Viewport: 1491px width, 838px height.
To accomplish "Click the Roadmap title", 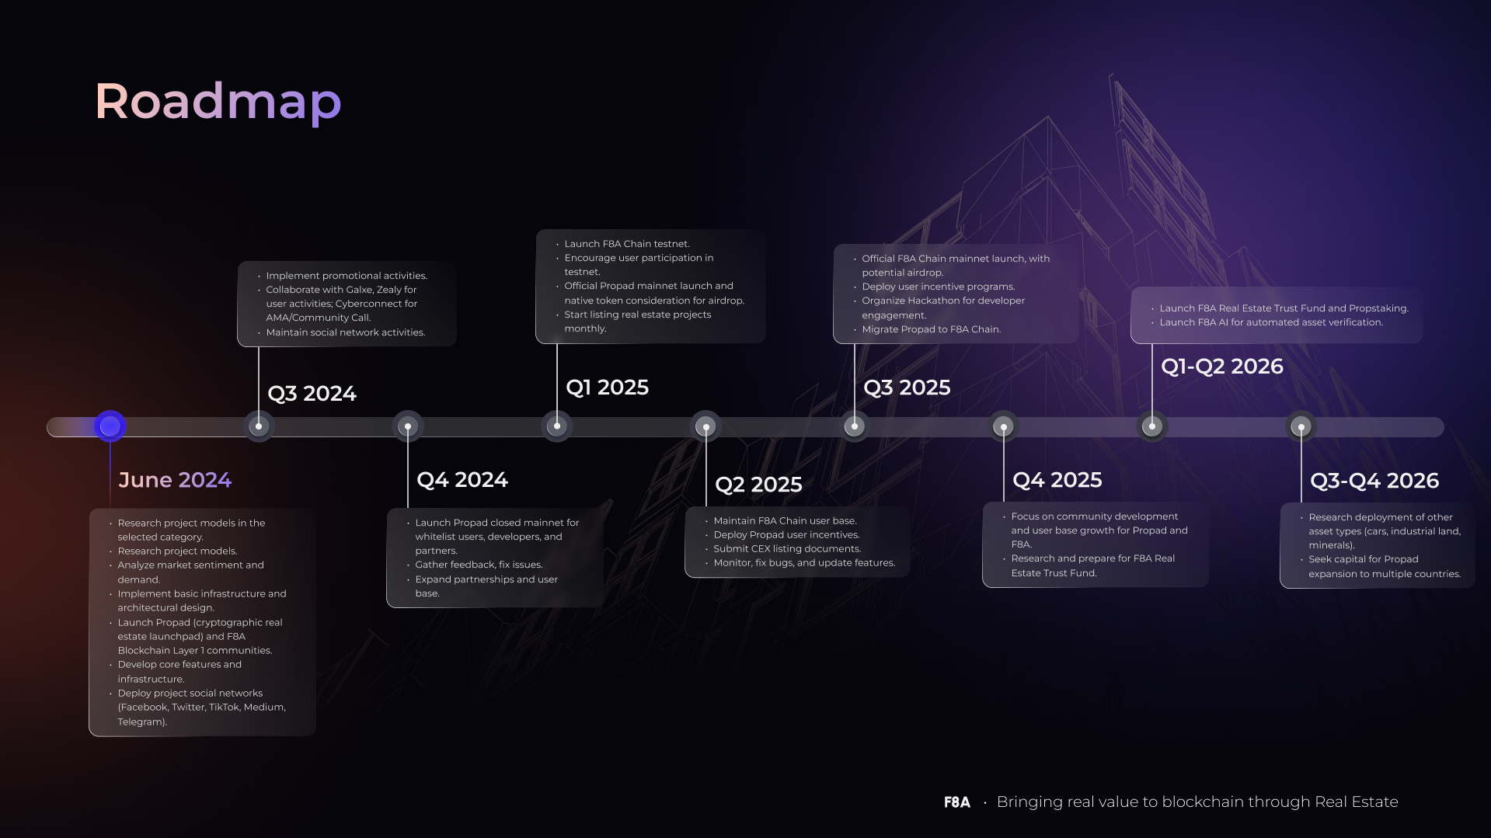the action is [218, 102].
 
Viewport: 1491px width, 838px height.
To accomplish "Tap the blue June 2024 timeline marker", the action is [110, 426].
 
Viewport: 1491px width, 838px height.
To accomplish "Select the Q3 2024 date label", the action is [312, 394].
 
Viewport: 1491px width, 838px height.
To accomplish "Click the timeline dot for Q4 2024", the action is [408, 426].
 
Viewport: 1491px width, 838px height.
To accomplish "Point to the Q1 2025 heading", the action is [608, 388].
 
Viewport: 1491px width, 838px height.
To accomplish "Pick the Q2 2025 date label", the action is [758, 485].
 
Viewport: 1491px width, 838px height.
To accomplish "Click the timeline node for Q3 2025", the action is [855, 426].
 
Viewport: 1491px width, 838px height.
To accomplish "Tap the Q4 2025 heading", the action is [1057, 480].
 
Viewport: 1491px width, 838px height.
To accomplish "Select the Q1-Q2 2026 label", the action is [1222, 367].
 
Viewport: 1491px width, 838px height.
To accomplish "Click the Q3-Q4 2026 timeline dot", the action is [1301, 426].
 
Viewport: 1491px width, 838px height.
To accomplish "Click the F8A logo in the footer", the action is [957, 802].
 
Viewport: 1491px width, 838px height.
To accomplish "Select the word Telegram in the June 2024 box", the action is [141, 722].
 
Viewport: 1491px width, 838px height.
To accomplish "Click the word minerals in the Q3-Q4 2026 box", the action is [1330, 545].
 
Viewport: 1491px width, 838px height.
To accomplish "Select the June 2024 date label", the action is [175, 480].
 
